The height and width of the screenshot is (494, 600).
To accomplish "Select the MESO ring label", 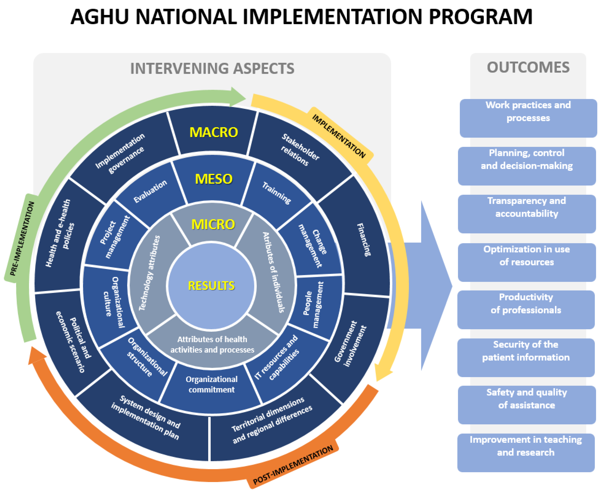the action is click(x=214, y=179).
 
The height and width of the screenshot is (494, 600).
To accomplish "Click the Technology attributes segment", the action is click(x=149, y=273).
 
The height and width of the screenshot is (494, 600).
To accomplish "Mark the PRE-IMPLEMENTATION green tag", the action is click(x=22, y=239).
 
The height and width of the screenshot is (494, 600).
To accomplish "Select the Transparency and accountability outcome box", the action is click(x=527, y=214).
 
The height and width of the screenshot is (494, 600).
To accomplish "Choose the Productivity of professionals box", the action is click(x=526, y=310).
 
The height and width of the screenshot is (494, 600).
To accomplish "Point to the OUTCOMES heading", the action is click(x=528, y=67).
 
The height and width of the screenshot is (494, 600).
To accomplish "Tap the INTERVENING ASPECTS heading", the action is click(x=212, y=69).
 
